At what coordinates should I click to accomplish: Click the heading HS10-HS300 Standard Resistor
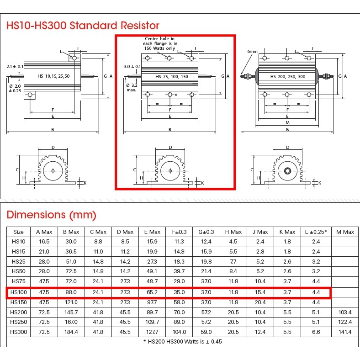pos(83,25)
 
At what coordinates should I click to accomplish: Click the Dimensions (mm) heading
pos(52,215)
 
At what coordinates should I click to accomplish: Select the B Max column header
pos(71,232)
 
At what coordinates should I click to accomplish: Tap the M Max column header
pos(345,232)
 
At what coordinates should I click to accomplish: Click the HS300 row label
pos(19,332)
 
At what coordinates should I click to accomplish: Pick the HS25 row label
pos(19,261)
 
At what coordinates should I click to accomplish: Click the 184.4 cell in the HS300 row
pos(71,332)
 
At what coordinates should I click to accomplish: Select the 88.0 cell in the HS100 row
pos(71,292)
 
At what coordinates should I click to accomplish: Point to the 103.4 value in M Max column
pos(345,312)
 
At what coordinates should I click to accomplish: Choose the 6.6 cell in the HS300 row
pos(316,332)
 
